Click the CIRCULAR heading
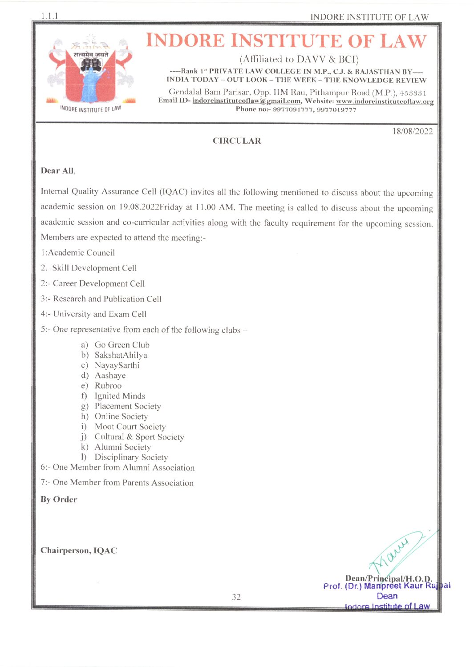tap(236, 141)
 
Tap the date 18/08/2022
tap(412, 131)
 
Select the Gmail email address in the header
tap(247, 101)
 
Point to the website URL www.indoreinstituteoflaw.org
tap(385, 101)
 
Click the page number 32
tap(236, 597)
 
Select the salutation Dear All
tap(58, 171)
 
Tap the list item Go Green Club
tap(122, 345)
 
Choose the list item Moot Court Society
tap(130, 427)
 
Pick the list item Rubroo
tap(108, 386)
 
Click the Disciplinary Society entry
tap(131, 457)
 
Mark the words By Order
tap(59, 500)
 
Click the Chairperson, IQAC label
tap(79, 551)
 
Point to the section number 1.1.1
tap(49, 16)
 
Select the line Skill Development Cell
tap(94, 268)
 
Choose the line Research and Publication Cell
tap(107, 299)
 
